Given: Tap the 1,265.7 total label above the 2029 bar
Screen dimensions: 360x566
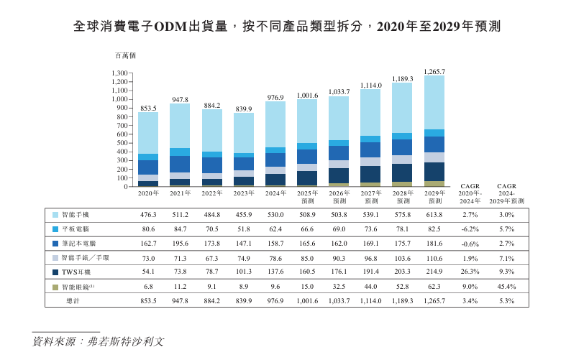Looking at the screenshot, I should (434, 71).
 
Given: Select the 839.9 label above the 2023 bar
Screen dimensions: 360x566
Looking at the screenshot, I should (244, 109).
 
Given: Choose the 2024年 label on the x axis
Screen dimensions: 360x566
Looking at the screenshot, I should (275, 193).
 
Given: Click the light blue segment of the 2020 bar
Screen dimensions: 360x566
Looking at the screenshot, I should (148, 133).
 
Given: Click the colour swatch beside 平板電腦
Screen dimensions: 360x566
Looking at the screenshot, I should (55, 229).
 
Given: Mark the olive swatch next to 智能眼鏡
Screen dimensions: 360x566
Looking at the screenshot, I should (55, 287).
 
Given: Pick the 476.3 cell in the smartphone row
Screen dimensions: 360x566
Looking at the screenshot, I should (148, 215).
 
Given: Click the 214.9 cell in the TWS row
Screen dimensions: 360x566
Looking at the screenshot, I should (434, 272).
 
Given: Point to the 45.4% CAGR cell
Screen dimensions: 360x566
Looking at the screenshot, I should (506, 287).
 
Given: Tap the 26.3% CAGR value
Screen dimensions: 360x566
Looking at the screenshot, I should (470, 272).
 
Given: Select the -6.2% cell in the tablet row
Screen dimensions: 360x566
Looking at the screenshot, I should (470, 229).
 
